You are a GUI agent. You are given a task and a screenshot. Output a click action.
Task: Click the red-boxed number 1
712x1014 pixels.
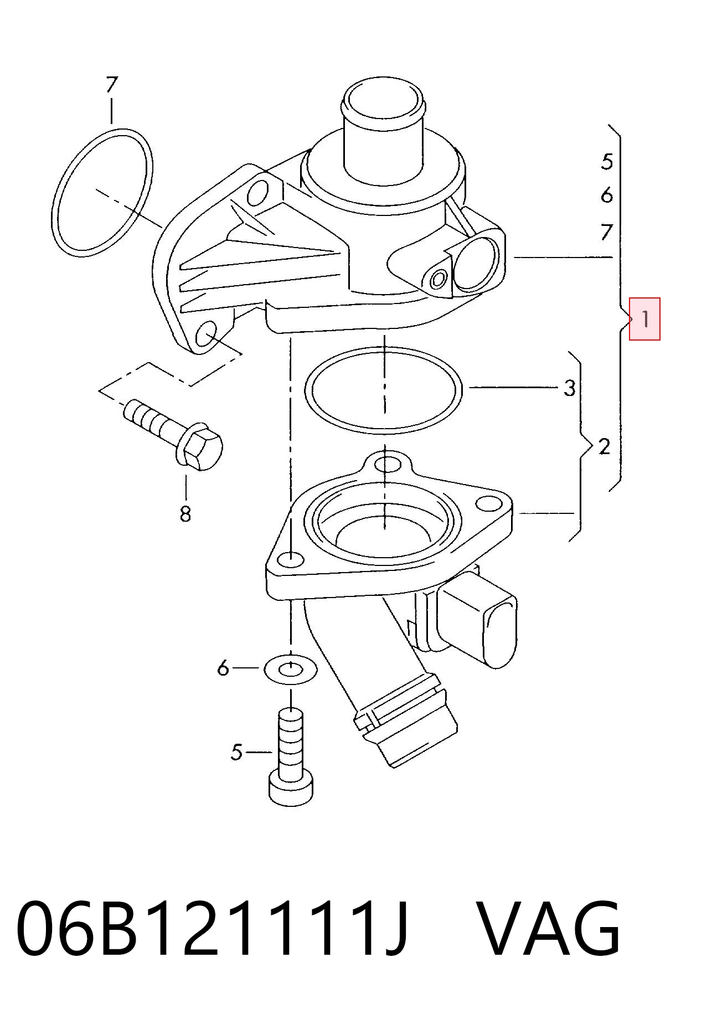[645, 320]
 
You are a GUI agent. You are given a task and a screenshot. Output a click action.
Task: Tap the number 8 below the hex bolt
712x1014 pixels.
[185, 514]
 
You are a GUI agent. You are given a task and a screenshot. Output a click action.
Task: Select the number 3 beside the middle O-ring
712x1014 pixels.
[570, 388]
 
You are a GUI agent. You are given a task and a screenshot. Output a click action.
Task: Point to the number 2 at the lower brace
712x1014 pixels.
[604, 446]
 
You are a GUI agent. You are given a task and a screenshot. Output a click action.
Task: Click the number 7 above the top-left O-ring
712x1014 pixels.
[112, 85]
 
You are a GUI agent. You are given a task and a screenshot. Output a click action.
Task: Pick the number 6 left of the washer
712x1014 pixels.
[223, 668]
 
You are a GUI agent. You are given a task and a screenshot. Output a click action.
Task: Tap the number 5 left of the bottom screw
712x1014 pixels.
[236, 752]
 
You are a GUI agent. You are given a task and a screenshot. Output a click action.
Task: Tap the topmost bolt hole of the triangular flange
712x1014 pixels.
[387, 464]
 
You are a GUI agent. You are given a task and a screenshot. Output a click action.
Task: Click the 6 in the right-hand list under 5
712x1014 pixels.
[607, 195]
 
